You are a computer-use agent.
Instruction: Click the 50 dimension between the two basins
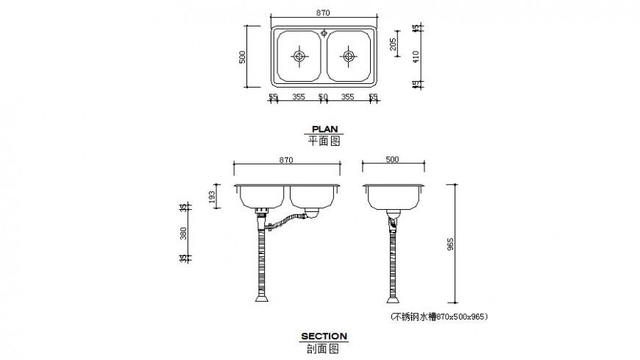pyautogui.click(x=322, y=96)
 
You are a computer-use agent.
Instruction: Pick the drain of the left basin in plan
pyautogui.click(x=299, y=56)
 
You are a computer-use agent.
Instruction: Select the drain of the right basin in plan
pyautogui.click(x=347, y=56)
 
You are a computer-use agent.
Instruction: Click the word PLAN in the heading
pyautogui.click(x=324, y=128)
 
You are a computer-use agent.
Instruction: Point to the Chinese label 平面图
pyautogui.click(x=324, y=141)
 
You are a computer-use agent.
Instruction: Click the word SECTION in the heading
pyautogui.click(x=324, y=336)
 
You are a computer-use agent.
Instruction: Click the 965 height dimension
pyautogui.click(x=451, y=243)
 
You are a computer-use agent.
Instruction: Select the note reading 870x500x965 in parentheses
pyautogui.click(x=438, y=317)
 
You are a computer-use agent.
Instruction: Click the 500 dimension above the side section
pyautogui.click(x=392, y=159)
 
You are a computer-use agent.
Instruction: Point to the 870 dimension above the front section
pyautogui.click(x=285, y=159)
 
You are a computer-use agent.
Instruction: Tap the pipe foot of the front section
pyautogui.click(x=261, y=299)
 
